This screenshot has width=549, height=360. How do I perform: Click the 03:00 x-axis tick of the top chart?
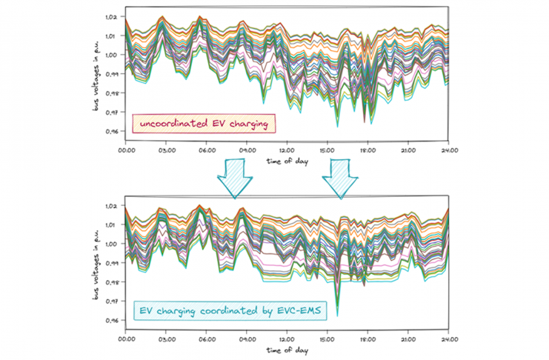(167, 150)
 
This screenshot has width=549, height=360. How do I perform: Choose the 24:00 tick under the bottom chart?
(448, 339)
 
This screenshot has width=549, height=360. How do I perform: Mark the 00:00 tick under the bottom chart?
(126, 339)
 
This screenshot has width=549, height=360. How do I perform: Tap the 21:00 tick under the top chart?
(407, 150)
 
